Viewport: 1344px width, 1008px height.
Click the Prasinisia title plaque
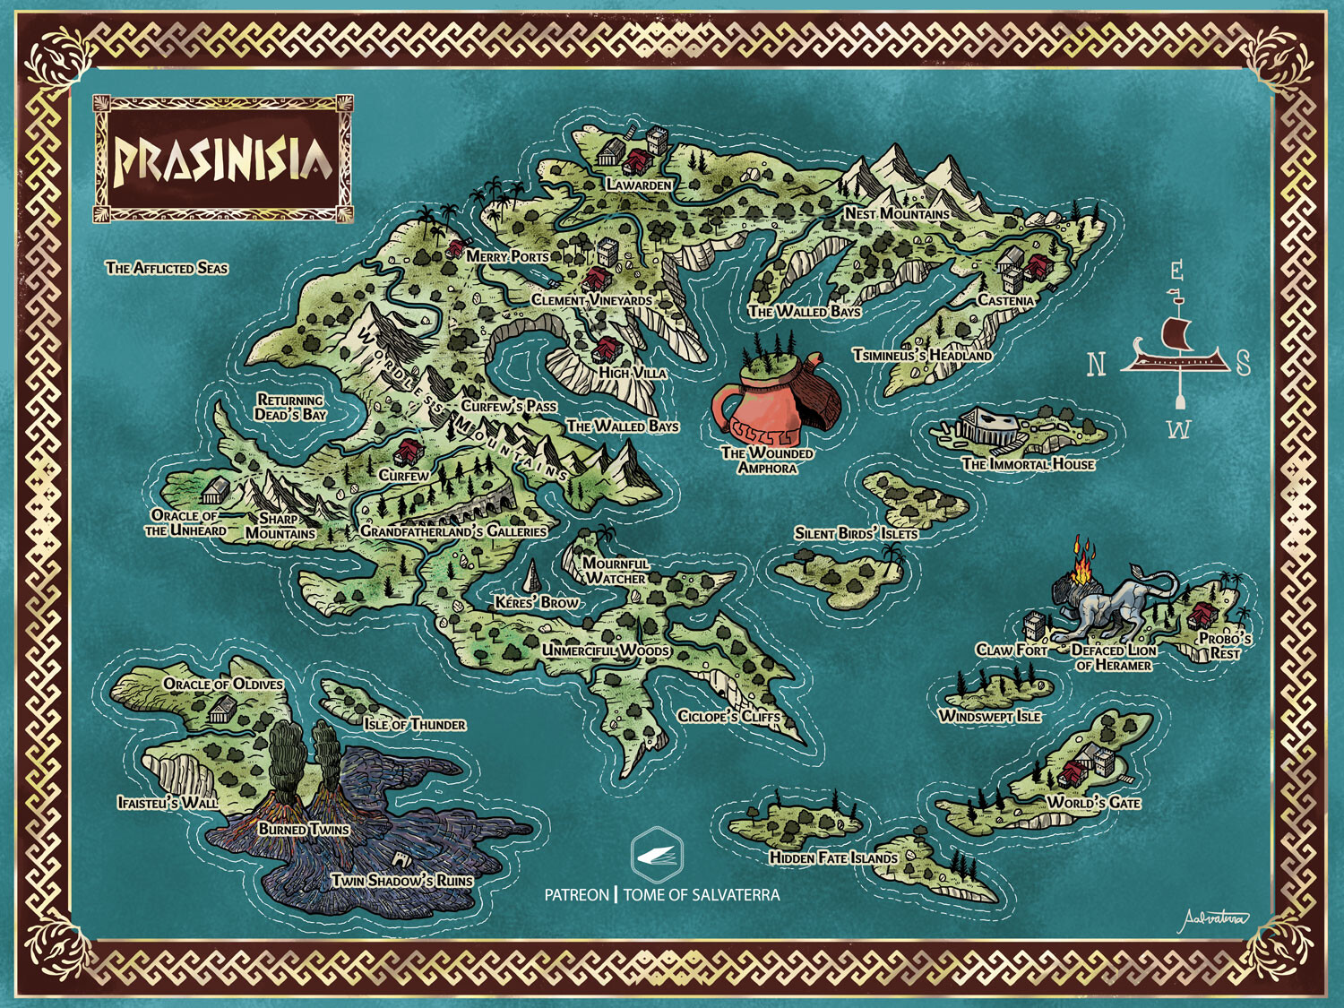pyautogui.click(x=222, y=159)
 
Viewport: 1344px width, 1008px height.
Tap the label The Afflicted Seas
pyautogui.click(x=167, y=268)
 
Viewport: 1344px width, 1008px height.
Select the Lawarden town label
pyautogui.click(x=639, y=185)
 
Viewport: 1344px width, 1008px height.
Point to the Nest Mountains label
pyautogui.click(x=897, y=213)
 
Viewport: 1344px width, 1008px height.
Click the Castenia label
pyautogui.click(x=1005, y=300)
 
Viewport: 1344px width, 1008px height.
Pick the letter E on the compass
pyautogui.click(x=1176, y=271)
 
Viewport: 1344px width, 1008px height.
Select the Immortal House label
pyautogui.click(x=1028, y=464)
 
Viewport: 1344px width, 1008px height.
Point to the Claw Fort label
pyautogui.click(x=1012, y=650)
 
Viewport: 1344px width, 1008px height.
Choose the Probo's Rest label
pyautogui.click(x=1225, y=645)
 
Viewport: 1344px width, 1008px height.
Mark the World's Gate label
pyautogui.click(x=1094, y=802)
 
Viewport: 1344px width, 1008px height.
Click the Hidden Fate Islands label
pyautogui.click(x=833, y=857)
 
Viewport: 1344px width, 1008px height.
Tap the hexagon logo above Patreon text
pyautogui.click(x=657, y=856)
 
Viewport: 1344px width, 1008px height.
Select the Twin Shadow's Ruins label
pyautogui.click(x=401, y=880)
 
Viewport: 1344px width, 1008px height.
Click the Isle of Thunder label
pyautogui.click(x=414, y=724)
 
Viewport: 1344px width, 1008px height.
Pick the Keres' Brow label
pyautogui.click(x=537, y=602)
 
